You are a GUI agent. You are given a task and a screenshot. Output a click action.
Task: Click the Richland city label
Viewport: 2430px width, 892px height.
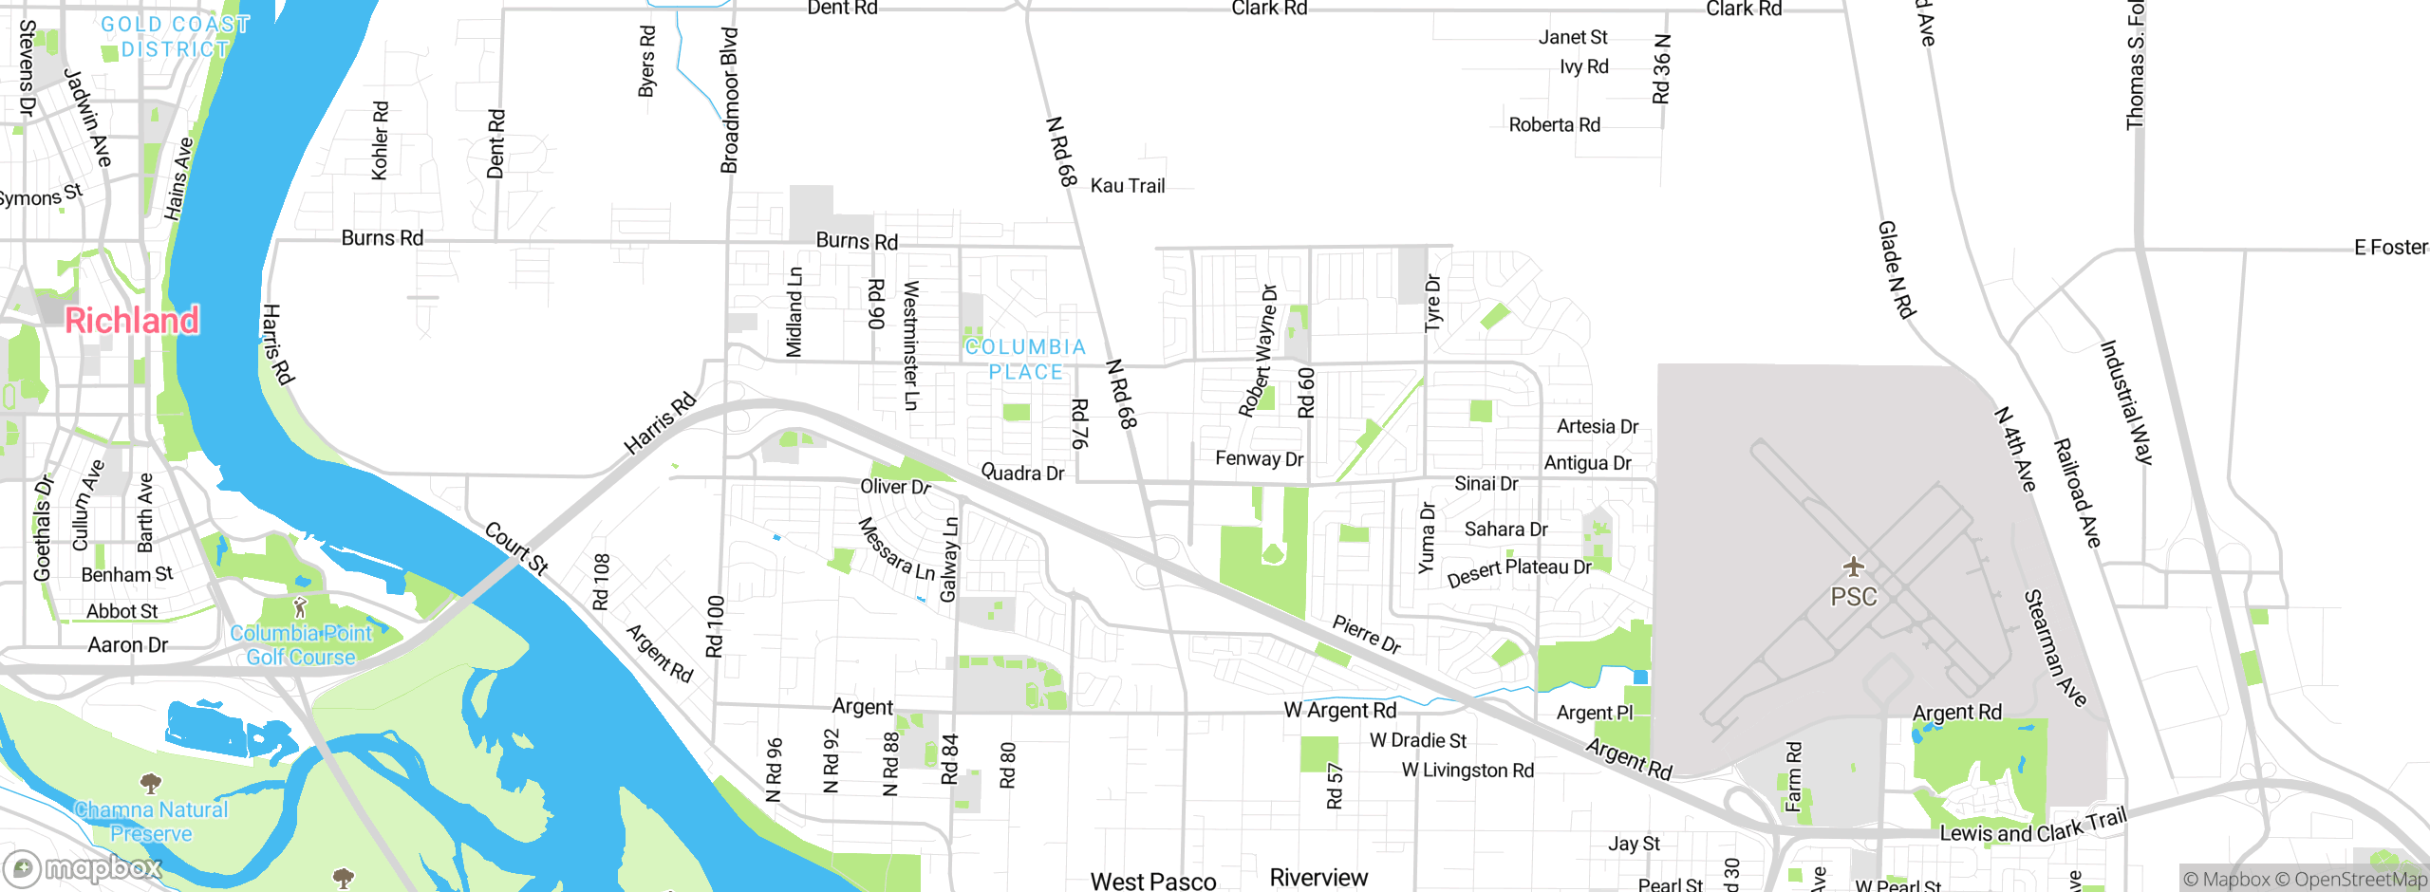point(132,321)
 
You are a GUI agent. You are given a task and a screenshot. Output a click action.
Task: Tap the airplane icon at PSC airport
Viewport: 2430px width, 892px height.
point(1853,567)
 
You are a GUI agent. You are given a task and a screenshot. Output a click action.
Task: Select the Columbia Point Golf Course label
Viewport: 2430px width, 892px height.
point(301,645)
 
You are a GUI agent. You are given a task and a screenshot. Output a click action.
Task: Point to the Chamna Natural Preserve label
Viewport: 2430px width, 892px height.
point(152,822)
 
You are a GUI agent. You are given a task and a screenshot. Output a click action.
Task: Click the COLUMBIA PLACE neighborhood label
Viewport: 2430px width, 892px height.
point(1025,360)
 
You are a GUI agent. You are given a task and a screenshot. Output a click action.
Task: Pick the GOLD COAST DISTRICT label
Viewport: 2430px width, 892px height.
point(176,36)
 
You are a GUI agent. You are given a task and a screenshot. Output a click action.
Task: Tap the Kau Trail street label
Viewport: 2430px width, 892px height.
point(1127,186)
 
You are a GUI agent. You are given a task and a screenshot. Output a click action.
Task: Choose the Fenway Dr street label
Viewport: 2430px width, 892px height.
point(1259,459)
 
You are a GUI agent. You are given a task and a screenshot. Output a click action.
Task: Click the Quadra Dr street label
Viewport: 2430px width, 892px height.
point(1022,473)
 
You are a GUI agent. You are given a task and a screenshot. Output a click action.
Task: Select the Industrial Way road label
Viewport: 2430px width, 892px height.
point(2126,402)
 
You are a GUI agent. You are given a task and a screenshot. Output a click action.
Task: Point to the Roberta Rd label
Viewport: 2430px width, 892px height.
point(1554,125)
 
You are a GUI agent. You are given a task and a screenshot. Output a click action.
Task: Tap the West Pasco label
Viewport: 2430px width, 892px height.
point(1153,882)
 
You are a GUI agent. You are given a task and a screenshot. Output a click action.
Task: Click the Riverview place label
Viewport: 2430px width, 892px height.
point(1318,878)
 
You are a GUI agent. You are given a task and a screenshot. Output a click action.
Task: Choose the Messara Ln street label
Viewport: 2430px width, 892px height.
point(896,549)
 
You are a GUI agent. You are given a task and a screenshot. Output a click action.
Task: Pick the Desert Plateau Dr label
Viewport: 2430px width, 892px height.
point(1519,571)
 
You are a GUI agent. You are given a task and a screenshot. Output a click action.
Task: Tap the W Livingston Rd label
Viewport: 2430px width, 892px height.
point(1467,771)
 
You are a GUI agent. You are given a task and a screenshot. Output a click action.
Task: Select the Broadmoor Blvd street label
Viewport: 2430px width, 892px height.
point(729,101)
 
